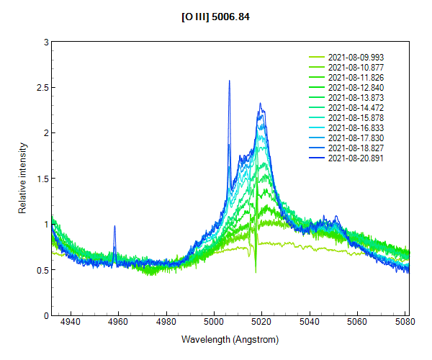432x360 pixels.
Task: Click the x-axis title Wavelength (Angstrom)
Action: click(230, 339)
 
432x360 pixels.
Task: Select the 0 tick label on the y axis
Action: click(44, 315)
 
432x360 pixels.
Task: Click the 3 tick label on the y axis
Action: click(44, 42)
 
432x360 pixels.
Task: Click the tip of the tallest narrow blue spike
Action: click(229, 80)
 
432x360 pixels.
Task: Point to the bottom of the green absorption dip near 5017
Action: click(256, 272)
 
